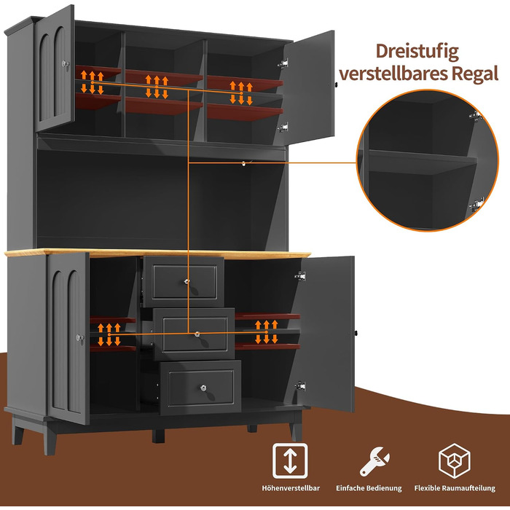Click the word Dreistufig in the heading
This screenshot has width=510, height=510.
point(417,52)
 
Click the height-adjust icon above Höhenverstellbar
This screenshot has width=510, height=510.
point(290,460)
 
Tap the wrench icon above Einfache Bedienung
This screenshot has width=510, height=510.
point(374,461)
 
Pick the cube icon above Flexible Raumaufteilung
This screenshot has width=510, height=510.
point(455,460)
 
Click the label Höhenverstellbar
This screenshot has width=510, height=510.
point(291,488)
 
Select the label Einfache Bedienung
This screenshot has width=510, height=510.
point(369,488)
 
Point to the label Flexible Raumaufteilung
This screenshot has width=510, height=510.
point(455,488)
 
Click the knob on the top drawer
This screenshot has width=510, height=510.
point(187,282)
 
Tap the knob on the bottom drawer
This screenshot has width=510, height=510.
point(203,388)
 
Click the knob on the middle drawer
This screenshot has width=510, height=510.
point(197,334)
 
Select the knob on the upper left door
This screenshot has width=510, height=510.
point(65,63)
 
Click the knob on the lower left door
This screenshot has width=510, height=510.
point(79,337)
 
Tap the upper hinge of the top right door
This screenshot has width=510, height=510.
point(283,63)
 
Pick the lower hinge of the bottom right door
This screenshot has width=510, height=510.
point(300,386)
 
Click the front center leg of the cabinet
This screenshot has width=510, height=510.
point(158,436)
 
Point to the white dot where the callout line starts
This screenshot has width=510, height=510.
point(243,164)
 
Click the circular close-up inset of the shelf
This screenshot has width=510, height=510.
point(428,160)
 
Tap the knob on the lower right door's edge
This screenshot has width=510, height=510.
point(356,334)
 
